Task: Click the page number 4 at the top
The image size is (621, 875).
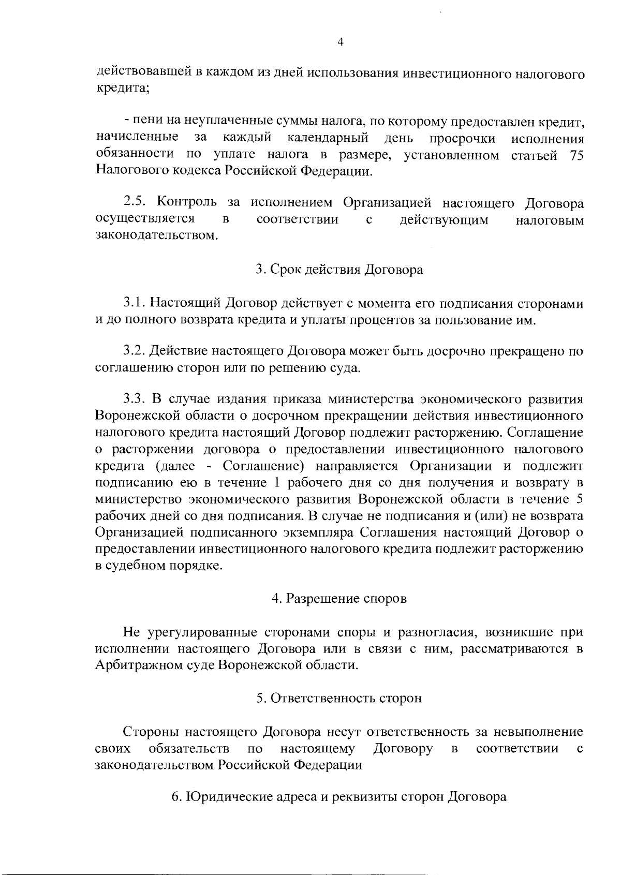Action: (x=340, y=42)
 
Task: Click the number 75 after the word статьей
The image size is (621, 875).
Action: (x=576, y=155)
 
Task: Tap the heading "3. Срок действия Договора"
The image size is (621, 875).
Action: (x=339, y=270)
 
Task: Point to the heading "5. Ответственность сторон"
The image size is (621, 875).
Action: (x=339, y=698)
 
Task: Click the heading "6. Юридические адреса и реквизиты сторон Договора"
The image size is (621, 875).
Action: (x=339, y=797)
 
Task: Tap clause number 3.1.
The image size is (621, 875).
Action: (x=136, y=303)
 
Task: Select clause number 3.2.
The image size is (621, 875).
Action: (x=136, y=351)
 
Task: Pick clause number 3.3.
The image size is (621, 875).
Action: (x=136, y=399)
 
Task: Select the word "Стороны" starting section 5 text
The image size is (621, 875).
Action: (x=150, y=732)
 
